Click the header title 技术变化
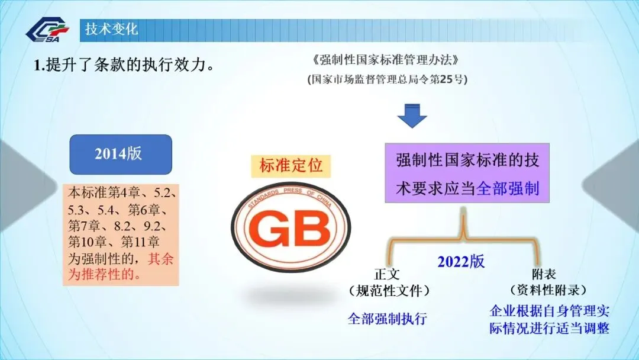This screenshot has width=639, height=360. (111, 29)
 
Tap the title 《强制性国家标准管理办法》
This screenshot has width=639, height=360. (385, 60)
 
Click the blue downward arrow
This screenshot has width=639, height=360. (412, 116)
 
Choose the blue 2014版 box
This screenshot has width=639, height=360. (121, 154)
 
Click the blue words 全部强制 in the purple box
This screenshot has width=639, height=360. (507, 189)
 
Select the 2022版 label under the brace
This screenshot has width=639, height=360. (461, 261)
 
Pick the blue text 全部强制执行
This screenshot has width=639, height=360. (388, 319)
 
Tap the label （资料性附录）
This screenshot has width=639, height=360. (548, 290)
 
